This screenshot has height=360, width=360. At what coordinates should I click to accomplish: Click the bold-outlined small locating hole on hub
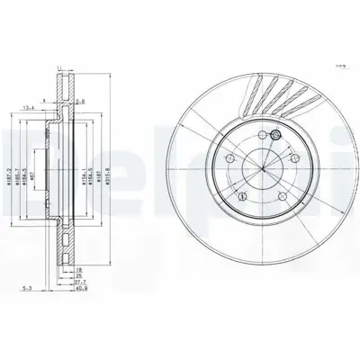(x=275, y=135)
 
